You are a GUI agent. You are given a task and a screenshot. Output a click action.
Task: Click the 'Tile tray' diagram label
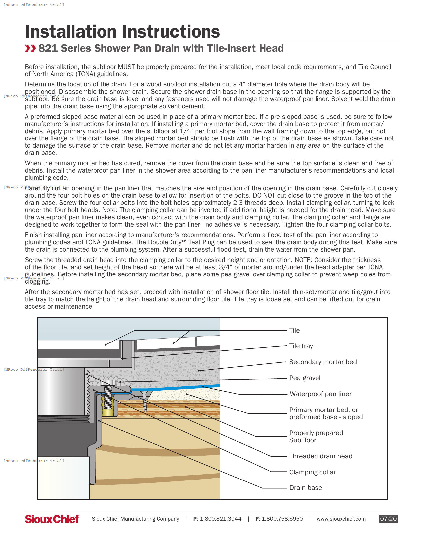301,346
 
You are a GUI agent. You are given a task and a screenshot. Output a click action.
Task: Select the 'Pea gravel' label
305,378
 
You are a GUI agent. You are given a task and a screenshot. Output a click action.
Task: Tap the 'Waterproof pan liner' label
320,394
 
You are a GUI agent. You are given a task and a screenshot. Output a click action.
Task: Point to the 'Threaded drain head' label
320,456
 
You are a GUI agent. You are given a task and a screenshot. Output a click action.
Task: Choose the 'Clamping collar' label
312,472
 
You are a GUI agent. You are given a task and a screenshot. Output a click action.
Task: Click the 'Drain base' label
306,488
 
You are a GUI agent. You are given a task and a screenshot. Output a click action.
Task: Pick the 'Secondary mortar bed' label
322,362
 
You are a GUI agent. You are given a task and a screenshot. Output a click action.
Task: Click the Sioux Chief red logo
52,519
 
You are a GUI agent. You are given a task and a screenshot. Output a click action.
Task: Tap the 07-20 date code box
388,519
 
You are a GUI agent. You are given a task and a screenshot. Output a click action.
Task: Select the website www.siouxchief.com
341,519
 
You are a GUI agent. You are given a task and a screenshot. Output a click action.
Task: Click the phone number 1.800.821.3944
220,519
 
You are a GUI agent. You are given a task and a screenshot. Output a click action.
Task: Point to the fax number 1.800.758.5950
282,519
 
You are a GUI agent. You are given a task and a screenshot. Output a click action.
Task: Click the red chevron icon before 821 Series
30,48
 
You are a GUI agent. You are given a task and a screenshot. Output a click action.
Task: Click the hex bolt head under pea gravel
108,383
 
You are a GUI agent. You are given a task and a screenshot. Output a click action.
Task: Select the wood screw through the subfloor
145,403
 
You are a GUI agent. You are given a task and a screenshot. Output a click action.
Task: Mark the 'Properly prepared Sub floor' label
316,437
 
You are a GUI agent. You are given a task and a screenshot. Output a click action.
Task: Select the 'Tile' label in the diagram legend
294,331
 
